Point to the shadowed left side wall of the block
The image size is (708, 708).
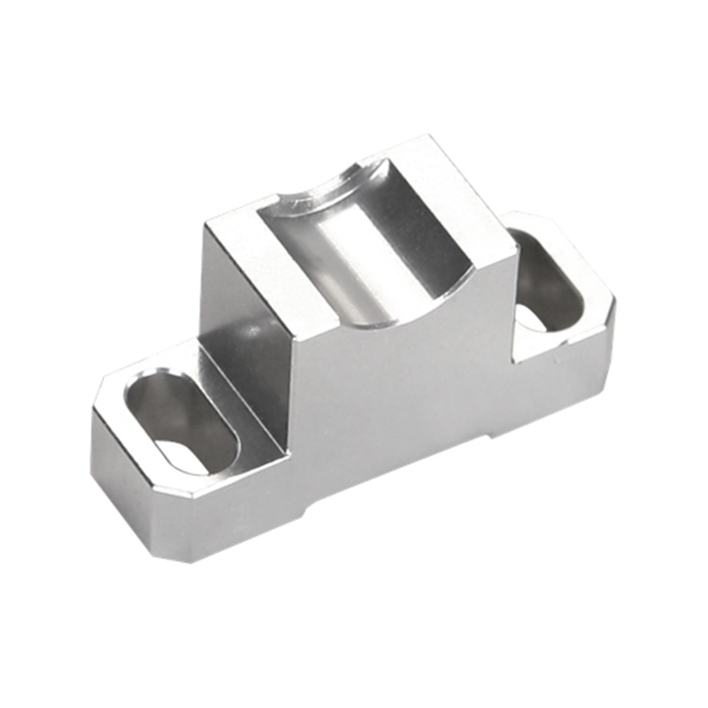[x=243, y=336]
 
